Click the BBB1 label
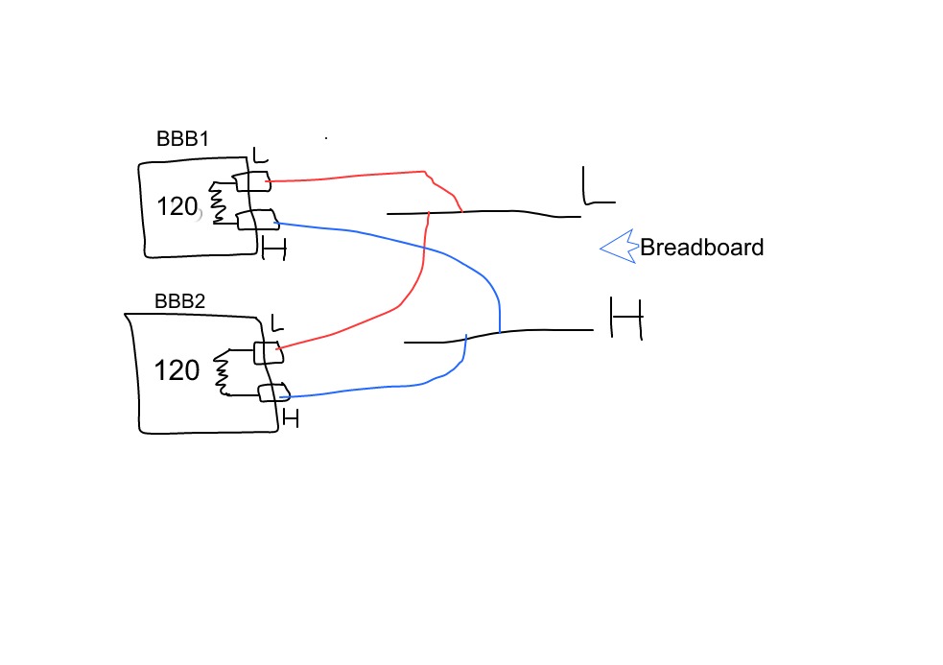182,139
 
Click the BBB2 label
180,301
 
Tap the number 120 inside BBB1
177,205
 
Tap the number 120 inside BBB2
177,370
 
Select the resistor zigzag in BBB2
223,372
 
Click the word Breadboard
701,248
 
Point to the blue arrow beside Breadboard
619,247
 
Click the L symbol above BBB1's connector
259,154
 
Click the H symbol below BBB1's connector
274,249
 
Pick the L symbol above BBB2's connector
276,321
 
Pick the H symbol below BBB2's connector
290,418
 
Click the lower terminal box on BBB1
256,220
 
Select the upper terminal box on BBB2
267,352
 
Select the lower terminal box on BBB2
272,392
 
